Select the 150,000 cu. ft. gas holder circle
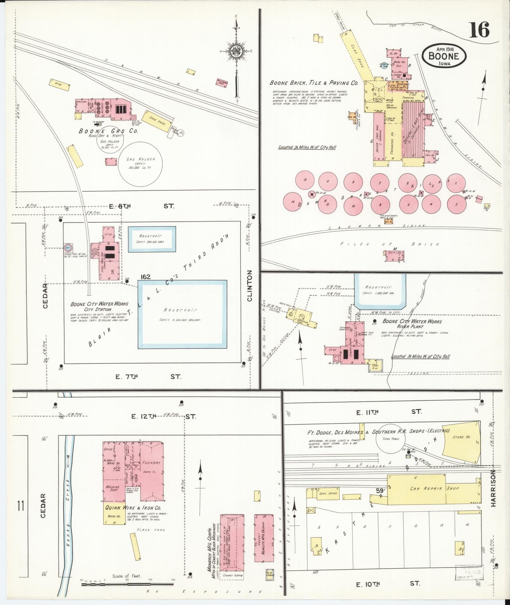[x=140, y=164]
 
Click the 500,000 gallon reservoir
[x=152, y=239]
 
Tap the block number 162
[x=145, y=277]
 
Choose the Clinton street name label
[x=250, y=286]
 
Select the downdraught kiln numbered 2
[x=456, y=204]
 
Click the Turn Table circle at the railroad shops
[x=390, y=439]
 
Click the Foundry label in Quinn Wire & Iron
[x=151, y=462]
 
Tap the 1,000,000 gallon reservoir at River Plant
[x=379, y=290]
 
